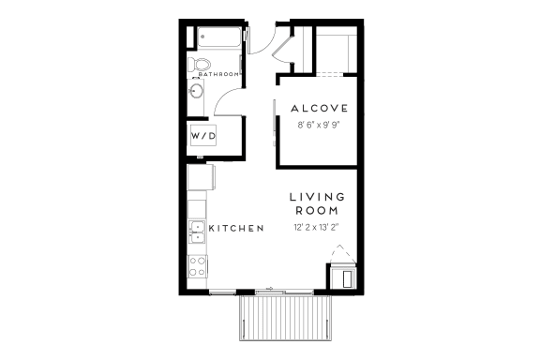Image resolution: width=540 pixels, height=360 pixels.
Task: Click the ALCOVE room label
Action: tap(320, 109)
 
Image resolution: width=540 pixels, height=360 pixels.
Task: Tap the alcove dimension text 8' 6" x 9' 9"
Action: tap(319, 125)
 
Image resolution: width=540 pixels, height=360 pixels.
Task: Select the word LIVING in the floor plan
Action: tap(317, 197)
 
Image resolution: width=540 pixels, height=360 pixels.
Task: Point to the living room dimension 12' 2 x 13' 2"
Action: tap(317, 228)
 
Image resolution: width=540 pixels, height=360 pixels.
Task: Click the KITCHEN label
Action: tap(236, 228)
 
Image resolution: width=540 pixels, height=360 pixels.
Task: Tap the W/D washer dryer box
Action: tap(203, 135)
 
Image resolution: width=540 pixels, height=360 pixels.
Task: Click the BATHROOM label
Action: tap(218, 74)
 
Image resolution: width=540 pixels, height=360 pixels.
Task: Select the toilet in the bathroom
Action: tap(199, 65)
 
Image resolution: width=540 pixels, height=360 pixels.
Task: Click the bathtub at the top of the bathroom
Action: tap(219, 37)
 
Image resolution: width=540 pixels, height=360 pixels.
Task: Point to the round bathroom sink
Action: tap(196, 91)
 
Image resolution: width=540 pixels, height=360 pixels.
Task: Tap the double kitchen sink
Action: tap(197, 232)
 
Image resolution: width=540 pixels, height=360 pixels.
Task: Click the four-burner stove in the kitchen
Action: tap(197, 266)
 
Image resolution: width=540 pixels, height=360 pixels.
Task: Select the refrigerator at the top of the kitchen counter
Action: tap(202, 177)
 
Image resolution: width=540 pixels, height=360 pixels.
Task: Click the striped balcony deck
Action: tap(286, 318)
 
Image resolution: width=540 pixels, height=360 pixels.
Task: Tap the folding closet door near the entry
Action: tap(281, 49)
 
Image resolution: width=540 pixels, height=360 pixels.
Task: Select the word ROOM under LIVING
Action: tap(317, 211)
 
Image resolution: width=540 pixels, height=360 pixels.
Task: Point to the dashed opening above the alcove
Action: tap(330, 74)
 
